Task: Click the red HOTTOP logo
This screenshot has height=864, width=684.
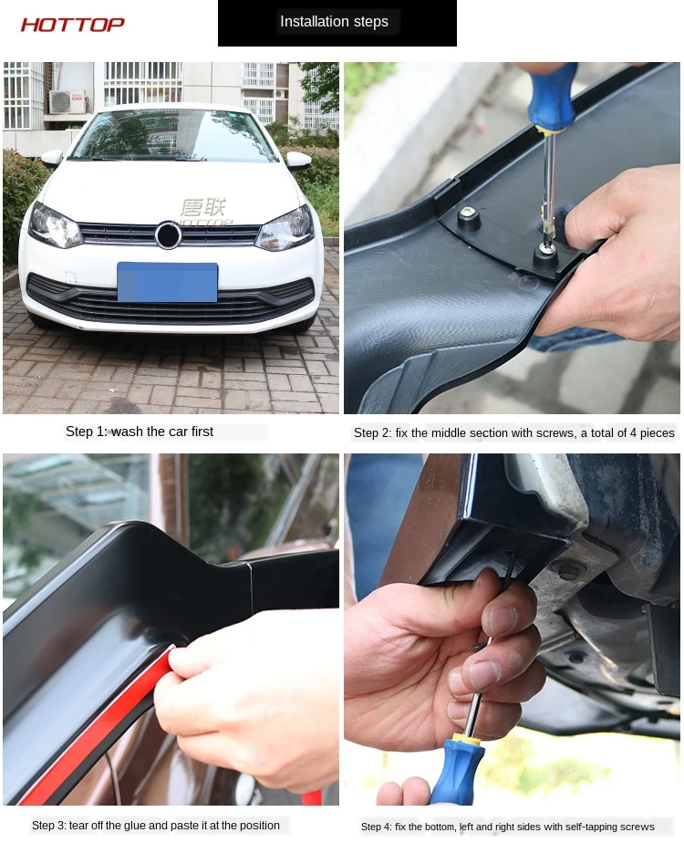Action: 73,25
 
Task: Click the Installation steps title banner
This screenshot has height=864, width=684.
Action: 337,23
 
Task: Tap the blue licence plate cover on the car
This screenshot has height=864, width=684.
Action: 168,282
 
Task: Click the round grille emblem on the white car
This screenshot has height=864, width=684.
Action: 167,234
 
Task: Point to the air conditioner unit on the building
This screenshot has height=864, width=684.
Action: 68,101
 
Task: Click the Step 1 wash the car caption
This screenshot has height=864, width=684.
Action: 140,432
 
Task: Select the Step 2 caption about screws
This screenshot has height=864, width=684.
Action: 513,433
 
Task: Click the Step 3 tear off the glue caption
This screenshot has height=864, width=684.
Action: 155,826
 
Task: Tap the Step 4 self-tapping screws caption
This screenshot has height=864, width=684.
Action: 507,827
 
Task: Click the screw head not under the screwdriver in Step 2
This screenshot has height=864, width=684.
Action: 468,213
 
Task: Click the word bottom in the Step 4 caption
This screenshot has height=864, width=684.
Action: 440,827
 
